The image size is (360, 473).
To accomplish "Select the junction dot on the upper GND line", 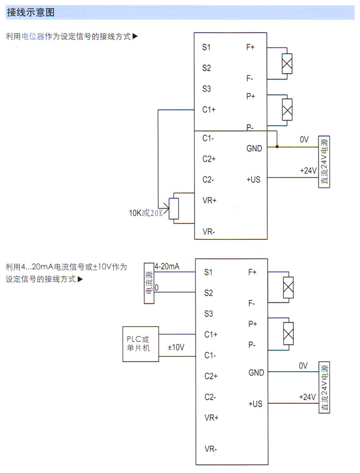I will [277, 146].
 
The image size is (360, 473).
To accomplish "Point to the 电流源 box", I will [150, 283].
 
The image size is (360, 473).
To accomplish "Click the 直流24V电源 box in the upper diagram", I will [324, 162].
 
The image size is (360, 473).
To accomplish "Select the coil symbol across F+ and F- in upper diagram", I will [287, 63].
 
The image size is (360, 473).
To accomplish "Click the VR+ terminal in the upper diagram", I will [210, 200].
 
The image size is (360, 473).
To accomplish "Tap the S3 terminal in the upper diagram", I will [206, 89].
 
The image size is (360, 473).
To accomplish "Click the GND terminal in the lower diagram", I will [256, 373].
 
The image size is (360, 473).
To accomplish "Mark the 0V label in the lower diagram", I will [303, 366].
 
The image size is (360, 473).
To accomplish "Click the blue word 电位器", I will [33, 36].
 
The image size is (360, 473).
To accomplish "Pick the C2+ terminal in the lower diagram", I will [210, 376].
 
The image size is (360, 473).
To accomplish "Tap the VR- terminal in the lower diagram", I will [211, 449].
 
